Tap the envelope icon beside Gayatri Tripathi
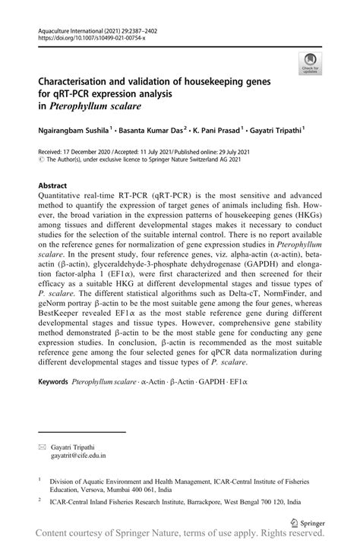(x=41, y=448)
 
